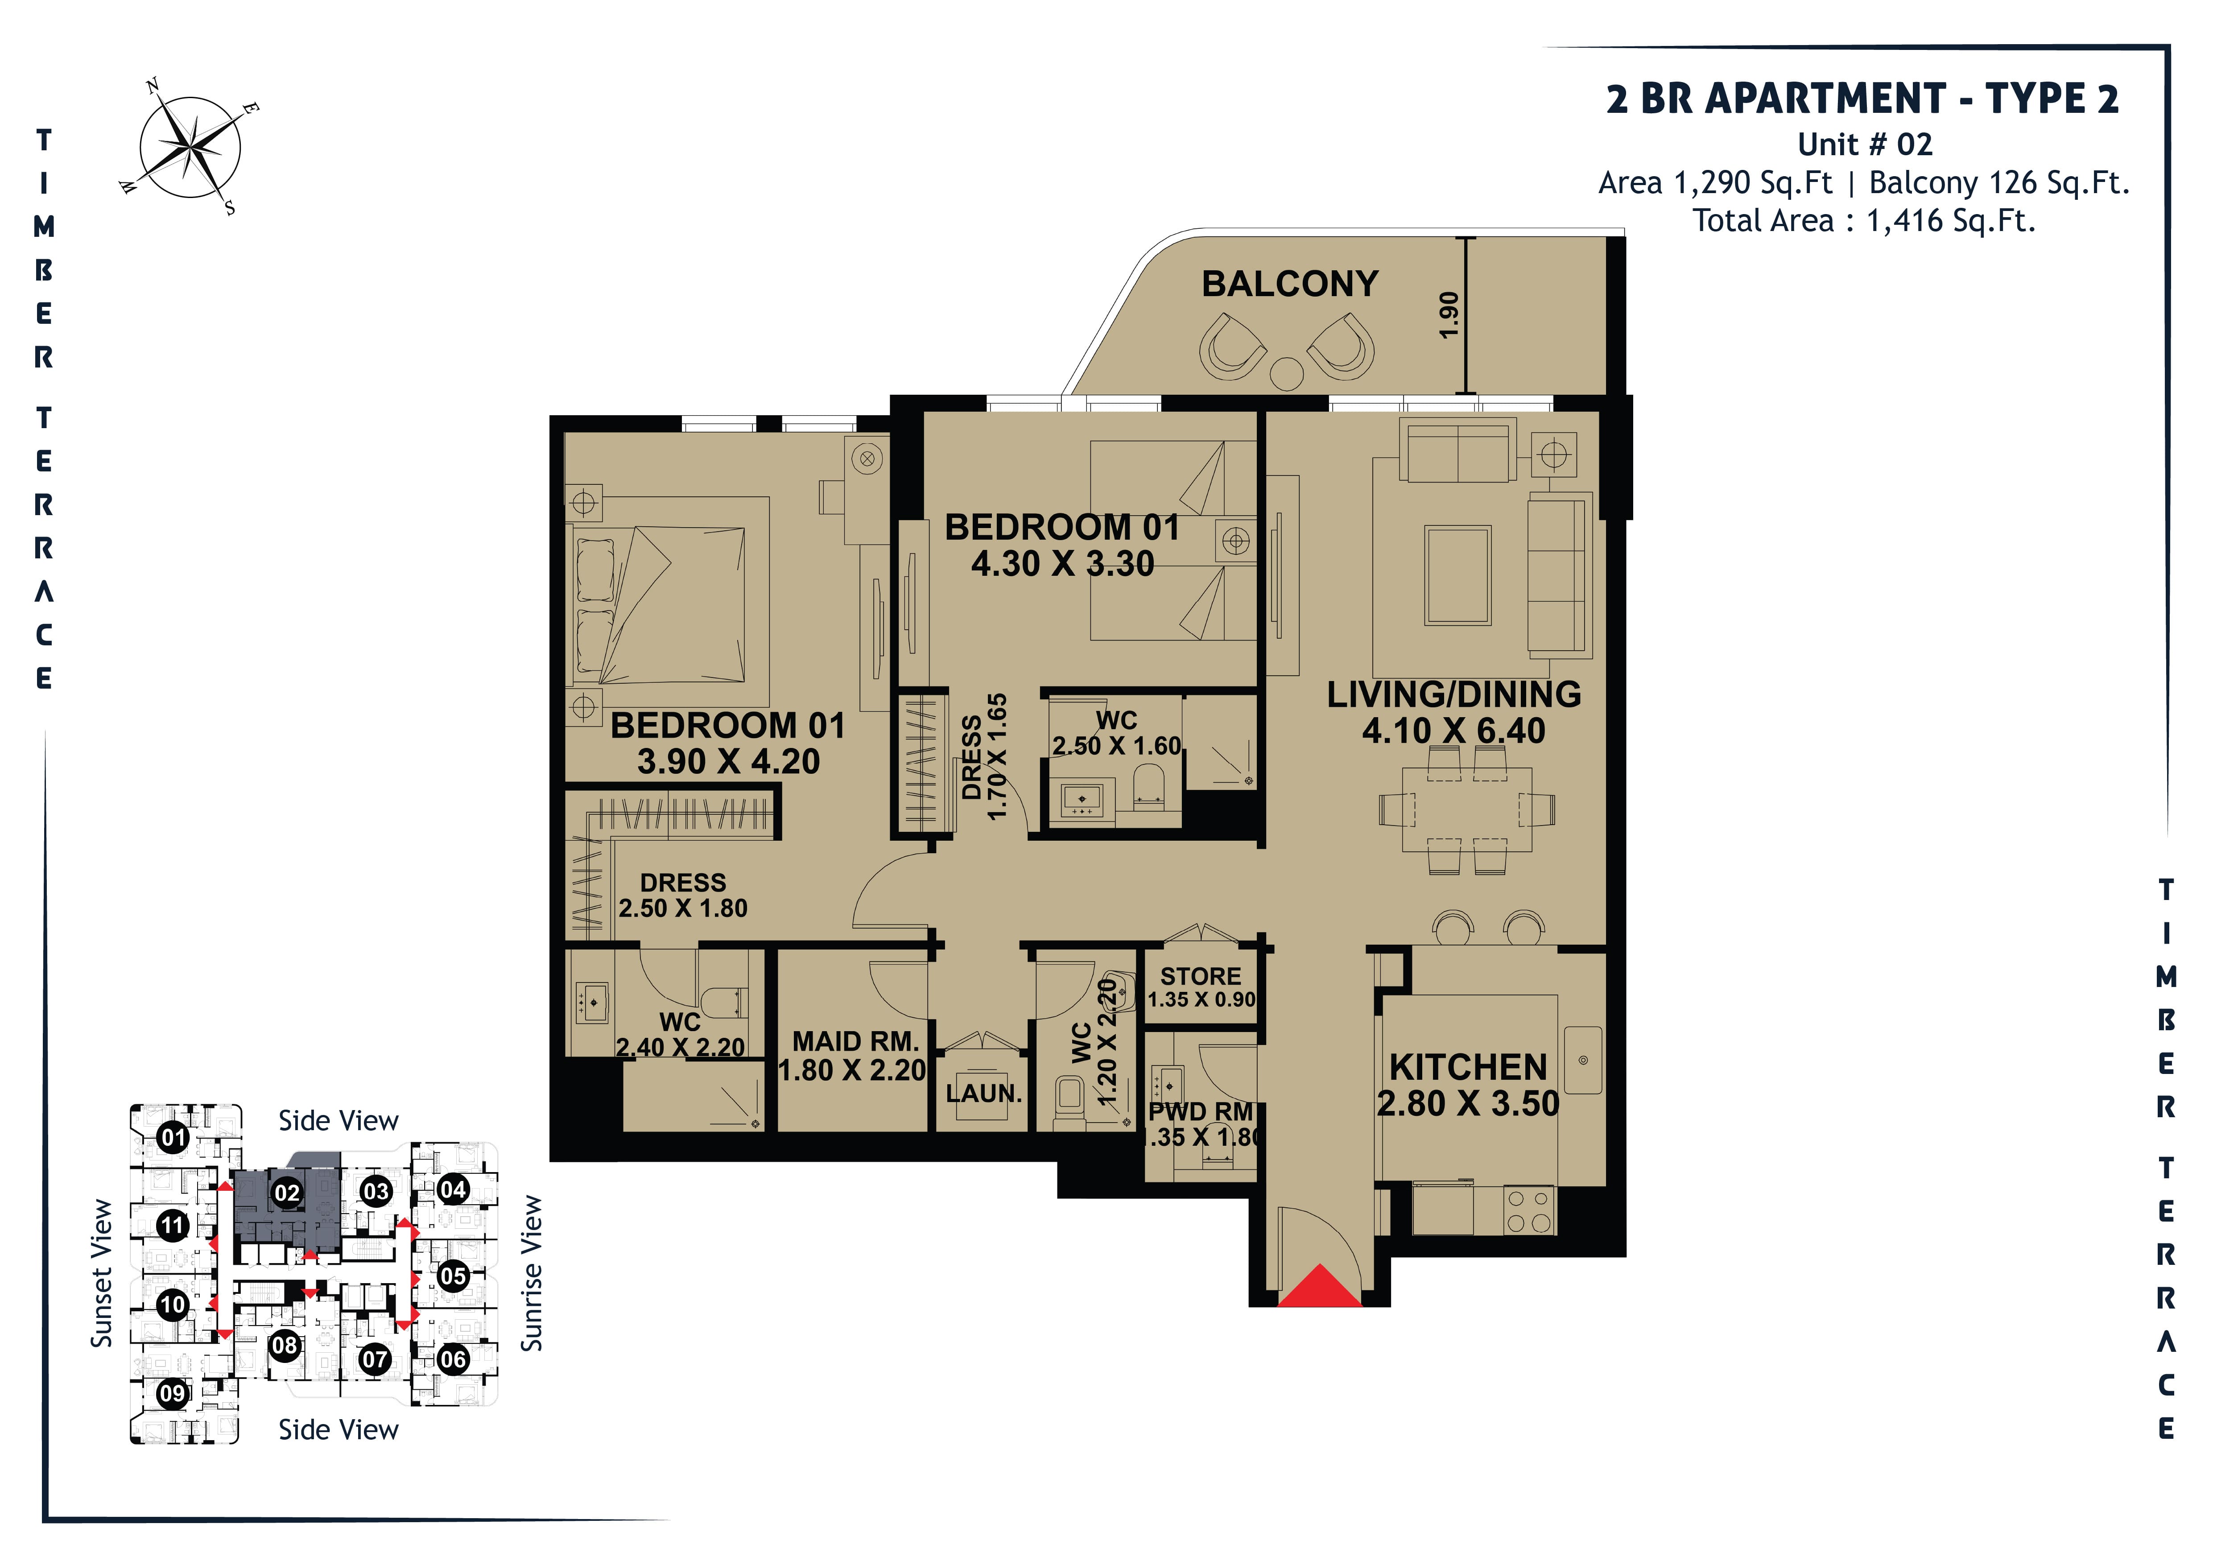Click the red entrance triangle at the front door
coord(1320,1288)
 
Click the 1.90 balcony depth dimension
coord(1449,315)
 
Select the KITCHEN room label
coord(1468,1068)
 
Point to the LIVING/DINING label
coord(1453,695)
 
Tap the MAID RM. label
coord(855,1042)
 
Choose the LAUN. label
coord(983,1094)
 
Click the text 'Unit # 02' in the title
coord(1865,145)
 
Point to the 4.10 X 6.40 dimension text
coord(1453,731)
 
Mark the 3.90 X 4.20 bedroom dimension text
coord(729,762)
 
